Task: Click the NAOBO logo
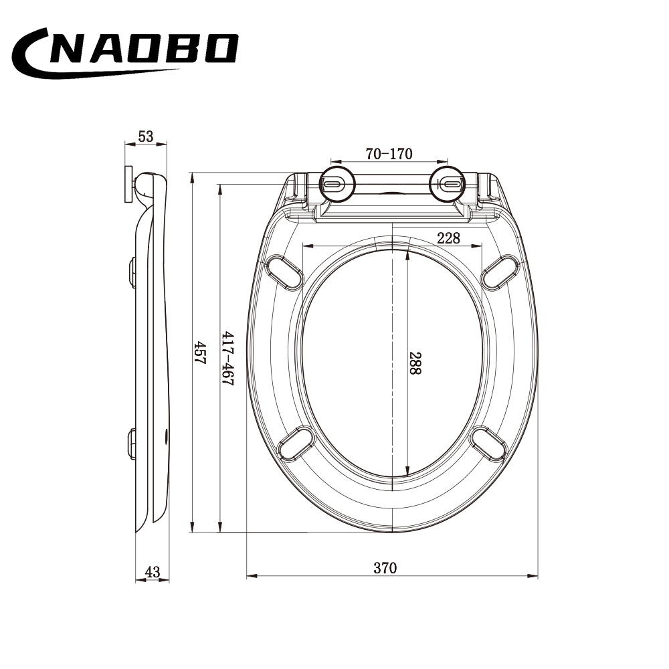point(124,54)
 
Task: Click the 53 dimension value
point(145,136)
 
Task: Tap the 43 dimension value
point(153,572)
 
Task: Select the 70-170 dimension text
point(389,154)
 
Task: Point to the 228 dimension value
point(448,238)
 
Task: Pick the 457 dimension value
point(199,352)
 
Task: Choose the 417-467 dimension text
point(228,359)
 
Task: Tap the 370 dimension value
point(385,568)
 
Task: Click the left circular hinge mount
point(337,184)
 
